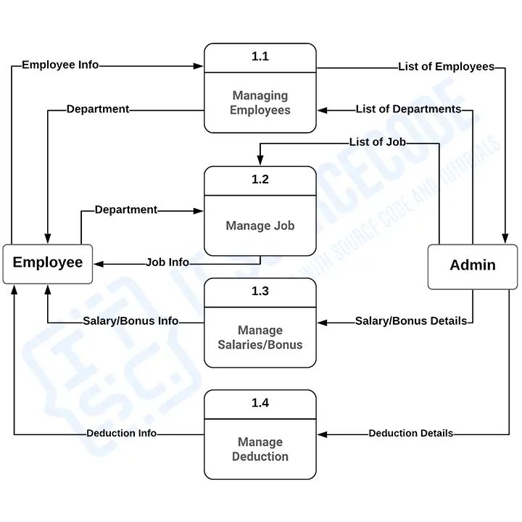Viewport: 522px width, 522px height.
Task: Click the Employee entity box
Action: [x=48, y=262]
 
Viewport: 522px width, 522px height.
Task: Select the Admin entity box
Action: [x=473, y=265]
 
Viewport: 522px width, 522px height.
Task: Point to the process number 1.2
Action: [x=260, y=180]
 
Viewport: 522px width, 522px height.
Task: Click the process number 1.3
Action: [x=260, y=291]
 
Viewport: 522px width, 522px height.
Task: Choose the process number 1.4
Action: [x=260, y=403]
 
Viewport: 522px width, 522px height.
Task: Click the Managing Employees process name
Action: [x=260, y=103]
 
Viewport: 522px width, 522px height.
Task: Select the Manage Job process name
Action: [x=260, y=225]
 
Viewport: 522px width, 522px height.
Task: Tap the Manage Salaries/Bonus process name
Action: [x=260, y=337]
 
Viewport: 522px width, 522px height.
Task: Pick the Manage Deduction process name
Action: [x=260, y=449]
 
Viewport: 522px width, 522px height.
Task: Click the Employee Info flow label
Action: [x=60, y=65]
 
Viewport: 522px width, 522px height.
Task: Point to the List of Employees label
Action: [x=446, y=67]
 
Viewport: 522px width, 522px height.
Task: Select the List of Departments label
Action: [x=408, y=109]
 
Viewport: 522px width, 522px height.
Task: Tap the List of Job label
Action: [x=377, y=142]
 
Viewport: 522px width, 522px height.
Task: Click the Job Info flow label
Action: [x=167, y=262]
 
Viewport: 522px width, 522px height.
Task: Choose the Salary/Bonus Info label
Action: [x=130, y=321]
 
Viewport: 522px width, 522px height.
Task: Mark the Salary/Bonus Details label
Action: [x=411, y=321]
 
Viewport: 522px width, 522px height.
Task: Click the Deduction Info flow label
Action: [x=122, y=434]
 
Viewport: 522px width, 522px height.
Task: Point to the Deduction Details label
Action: [x=411, y=434]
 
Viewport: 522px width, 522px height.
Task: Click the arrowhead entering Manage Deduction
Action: [x=322, y=434]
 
